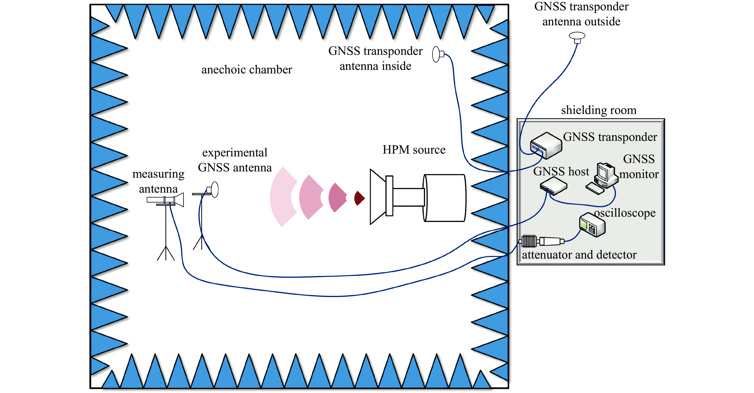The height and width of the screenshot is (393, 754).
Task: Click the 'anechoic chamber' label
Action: (x=247, y=70)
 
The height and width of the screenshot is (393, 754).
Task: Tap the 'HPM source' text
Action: (x=414, y=150)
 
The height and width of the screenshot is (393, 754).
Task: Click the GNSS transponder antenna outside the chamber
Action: (x=577, y=37)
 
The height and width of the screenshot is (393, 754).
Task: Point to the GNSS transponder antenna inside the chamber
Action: (x=437, y=54)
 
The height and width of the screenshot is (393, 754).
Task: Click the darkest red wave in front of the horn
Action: (x=359, y=198)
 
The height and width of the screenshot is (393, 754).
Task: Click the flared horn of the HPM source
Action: (x=378, y=196)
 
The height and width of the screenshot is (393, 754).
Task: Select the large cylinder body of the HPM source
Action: (x=444, y=198)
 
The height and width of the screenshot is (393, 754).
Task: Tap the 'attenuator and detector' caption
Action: (x=579, y=255)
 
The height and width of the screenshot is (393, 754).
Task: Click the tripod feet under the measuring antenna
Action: (x=166, y=254)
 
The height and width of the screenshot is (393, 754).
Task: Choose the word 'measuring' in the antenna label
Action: (x=158, y=174)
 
